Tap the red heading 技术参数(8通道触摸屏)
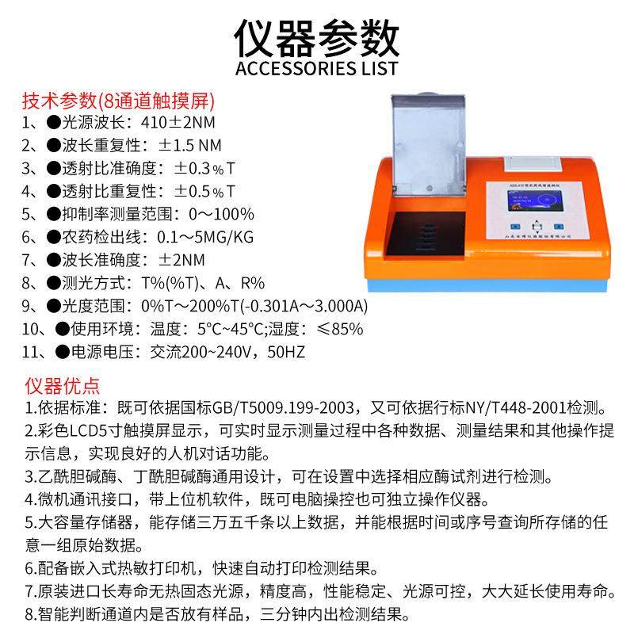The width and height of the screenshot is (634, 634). (119, 102)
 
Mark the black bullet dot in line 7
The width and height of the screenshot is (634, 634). (53, 260)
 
